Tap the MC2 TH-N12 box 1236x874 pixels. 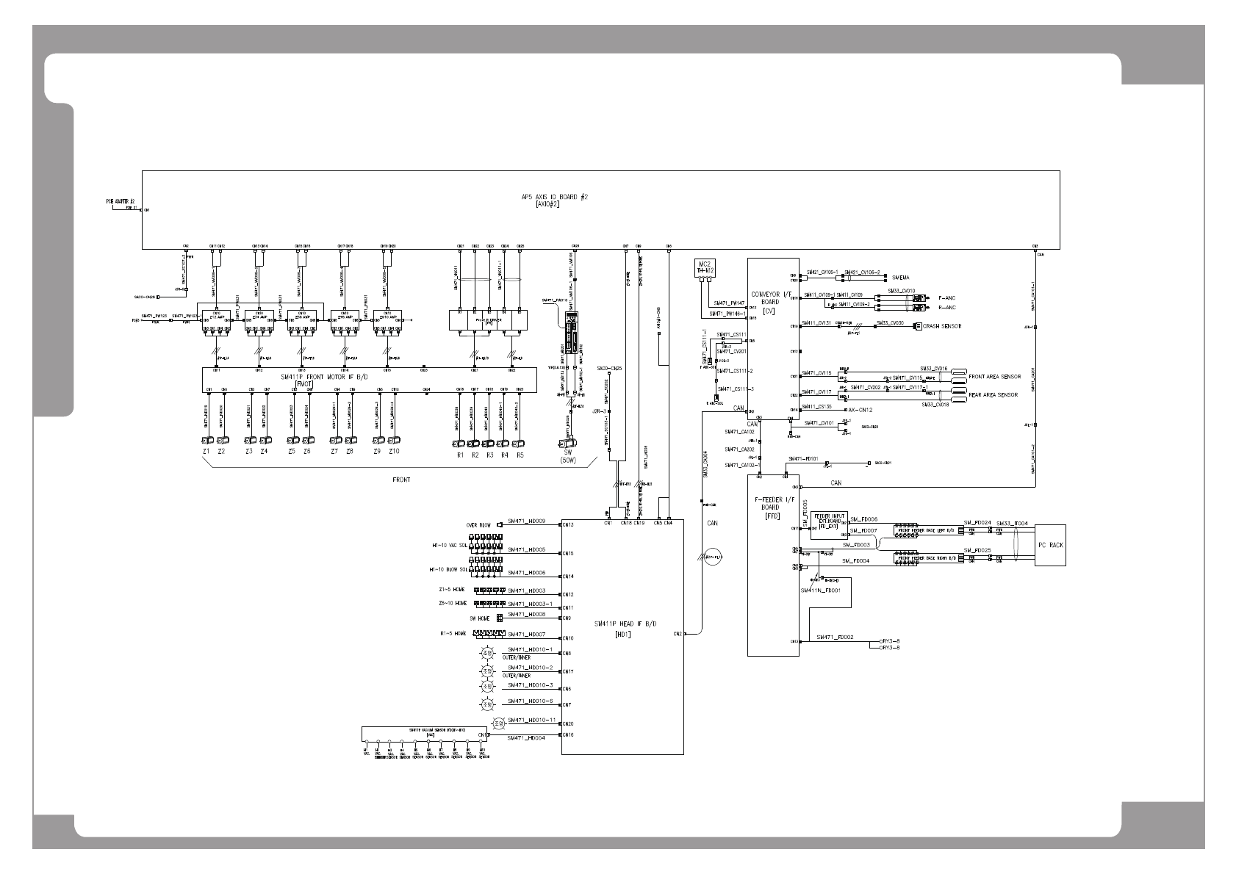[x=705, y=269]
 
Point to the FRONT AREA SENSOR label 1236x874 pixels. [x=994, y=377]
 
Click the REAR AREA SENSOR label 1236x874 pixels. [x=993, y=395]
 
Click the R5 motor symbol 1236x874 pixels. [x=519, y=444]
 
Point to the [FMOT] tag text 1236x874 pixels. [x=303, y=383]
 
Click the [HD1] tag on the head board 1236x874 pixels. [x=623, y=634]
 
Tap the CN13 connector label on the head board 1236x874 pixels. [x=568, y=524]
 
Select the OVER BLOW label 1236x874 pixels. [x=478, y=525]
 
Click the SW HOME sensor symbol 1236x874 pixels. [x=500, y=618]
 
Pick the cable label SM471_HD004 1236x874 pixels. [x=526, y=738]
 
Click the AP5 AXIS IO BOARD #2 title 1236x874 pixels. [x=554, y=197]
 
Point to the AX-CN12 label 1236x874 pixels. [x=860, y=410]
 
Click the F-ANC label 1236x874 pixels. [x=946, y=298]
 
